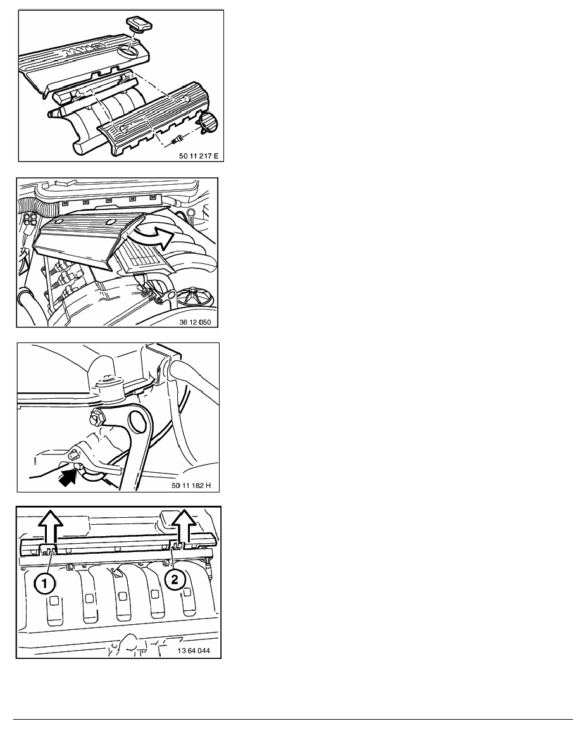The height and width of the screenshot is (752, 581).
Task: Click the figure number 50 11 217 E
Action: pyautogui.click(x=198, y=156)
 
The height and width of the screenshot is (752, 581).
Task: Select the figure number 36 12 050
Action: pyautogui.click(x=195, y=322)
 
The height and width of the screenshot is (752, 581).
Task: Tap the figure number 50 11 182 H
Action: pyautogui.click(x=191, y=486)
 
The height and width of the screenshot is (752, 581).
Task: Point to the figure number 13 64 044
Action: pyautogui.click(x=194, y=651)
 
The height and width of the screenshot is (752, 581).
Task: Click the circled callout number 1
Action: pyautogui.click(x=44, y=584)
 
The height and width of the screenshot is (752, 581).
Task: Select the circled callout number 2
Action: pyautogui.click(x=175, y=579)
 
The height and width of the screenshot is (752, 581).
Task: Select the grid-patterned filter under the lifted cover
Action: pyautogui.click(x=144, y=259)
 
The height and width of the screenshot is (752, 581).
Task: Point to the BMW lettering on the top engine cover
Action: pyautogui.click(x=91, y=46)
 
